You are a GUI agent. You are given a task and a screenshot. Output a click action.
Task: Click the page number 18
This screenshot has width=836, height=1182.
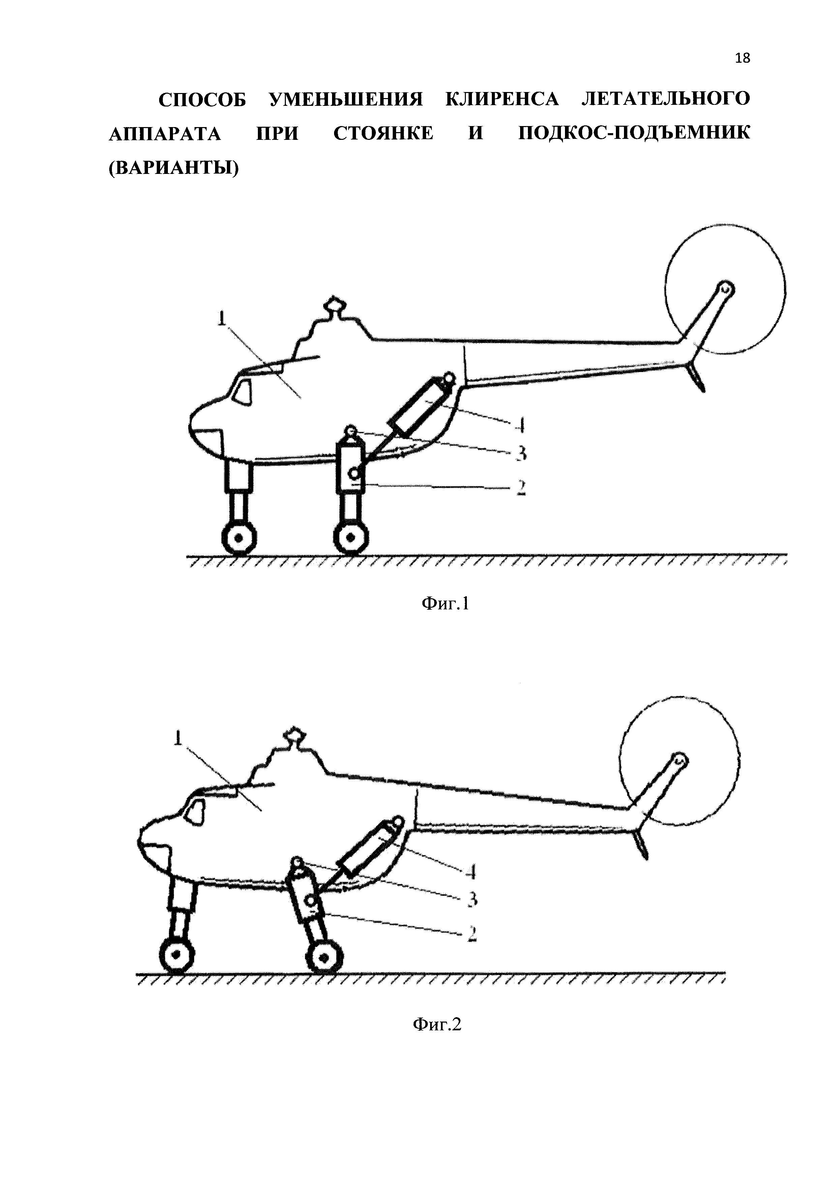point(742,58)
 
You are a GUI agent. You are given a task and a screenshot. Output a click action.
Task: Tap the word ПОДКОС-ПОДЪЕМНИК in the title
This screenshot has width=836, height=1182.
point(634,133)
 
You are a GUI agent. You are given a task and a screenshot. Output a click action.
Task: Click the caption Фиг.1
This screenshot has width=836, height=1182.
point(445,603)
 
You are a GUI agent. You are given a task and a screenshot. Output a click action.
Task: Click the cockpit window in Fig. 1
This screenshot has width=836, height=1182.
point(243,391)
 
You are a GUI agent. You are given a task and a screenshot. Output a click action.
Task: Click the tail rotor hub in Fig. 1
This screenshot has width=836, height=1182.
point(725,289)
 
